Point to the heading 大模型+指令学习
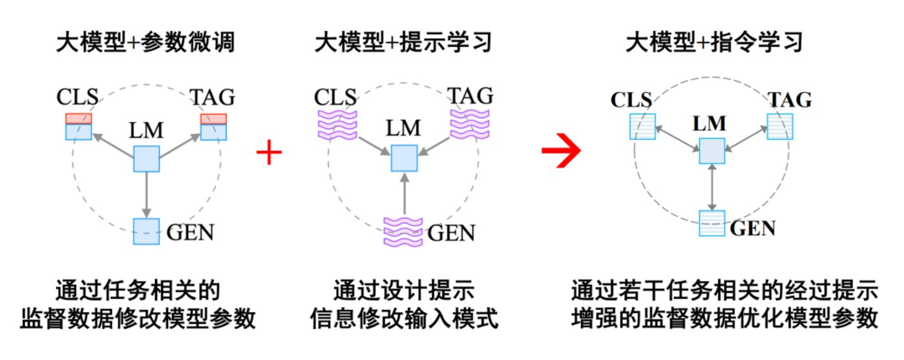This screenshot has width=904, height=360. [x=714, y=43]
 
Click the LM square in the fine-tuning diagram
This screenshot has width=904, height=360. [x=146, y=159]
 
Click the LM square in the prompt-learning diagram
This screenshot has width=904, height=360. [x=404, y=158]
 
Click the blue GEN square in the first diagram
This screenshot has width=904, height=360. [x=146, y=231]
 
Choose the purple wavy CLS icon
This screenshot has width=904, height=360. [x=336, y=123]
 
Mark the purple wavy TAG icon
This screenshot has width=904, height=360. [x=470, y=122]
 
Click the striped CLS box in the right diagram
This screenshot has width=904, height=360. [x=642, y=127]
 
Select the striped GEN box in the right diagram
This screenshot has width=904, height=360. [x=712, y=224]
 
